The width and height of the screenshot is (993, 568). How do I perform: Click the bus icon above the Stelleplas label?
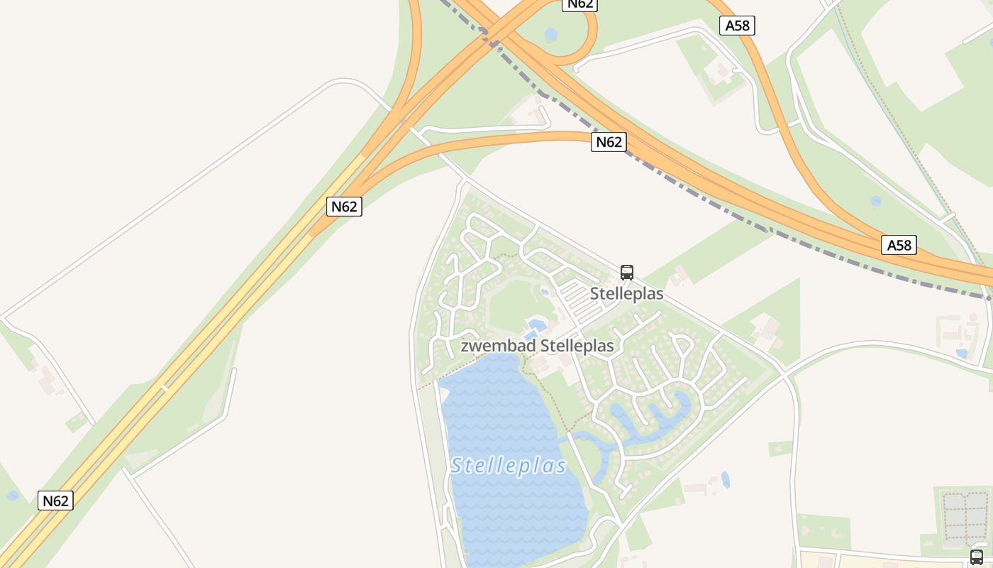(x=627, y=272)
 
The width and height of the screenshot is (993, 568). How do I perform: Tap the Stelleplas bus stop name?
(x=627, y=294)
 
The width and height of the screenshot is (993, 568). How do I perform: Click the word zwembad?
(x=499, y=346)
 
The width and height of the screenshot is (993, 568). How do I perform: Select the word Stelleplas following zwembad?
(x=577, y=346)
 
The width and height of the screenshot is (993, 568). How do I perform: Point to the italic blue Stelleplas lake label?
(x=509, y=466)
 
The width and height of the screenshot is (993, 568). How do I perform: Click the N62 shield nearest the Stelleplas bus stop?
(x=609, y=142)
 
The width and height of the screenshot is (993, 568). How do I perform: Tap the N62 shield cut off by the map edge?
(x=579, y=4)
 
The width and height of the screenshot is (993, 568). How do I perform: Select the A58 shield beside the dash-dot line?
(x=899, y=245)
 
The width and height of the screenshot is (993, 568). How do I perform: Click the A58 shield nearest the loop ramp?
(x=737, y=26)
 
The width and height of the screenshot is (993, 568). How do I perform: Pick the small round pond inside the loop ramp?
(x=550, y=34)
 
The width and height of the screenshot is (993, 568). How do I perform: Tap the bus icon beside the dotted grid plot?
(x=977, y=557)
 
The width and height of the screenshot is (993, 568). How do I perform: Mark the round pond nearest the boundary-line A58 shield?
(x=876, y=201)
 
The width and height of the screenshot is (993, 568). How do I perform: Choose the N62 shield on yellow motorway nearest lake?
(x=344, y=207)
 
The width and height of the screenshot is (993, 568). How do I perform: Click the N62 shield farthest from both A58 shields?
(x=55, y=501)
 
